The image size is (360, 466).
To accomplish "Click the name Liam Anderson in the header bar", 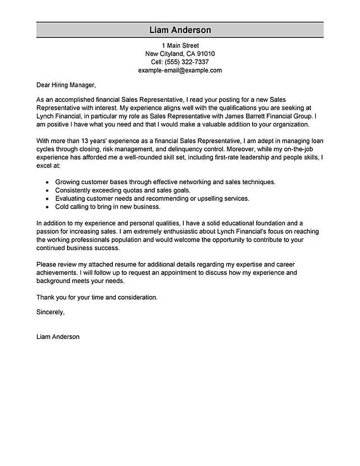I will pyautogui.click(x=180, y=30).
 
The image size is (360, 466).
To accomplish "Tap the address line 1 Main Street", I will pyautogui.click(x=180, y=45).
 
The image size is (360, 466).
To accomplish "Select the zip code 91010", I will pyautogui.click(x=203, y=54).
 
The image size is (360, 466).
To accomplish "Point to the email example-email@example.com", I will pyautogui.click(x=180, y=70).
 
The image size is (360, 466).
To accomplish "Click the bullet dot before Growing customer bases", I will pyautogui.click(x=44, y=182).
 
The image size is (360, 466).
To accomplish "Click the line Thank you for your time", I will pyautogui.click(x=97, y=297).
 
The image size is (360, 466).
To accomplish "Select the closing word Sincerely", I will pyautogui.click(x=50, y=312).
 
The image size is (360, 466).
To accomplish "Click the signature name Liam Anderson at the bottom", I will pyautogui.click(x=58, y=337).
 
